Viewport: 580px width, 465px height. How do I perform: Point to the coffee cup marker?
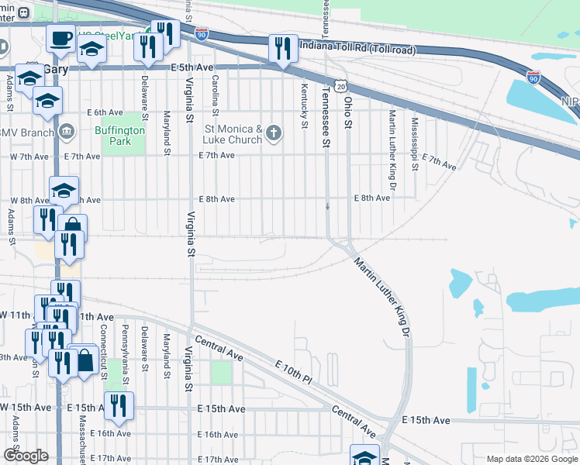[x=60, y=38]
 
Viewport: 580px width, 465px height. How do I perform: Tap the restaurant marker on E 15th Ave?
[x=119, y=406]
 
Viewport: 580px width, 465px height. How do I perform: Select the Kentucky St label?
[x=305, y=98]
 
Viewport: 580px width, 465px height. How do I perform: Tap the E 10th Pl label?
[x=292, y=369]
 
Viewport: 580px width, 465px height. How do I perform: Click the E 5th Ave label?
[x=192, y=68]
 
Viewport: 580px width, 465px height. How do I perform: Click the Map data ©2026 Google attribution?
[x=531, y=459]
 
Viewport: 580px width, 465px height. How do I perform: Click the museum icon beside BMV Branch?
[x=67, y=130]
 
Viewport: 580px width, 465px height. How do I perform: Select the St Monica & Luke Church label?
[x=233, y=134]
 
